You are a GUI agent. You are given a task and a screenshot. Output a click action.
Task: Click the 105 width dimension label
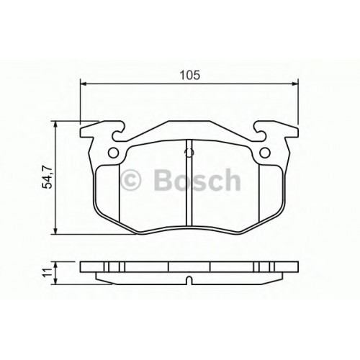(190, 76)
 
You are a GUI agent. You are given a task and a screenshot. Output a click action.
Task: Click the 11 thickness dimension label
(47, 273)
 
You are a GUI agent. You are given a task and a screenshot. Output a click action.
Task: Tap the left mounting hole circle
(113, 153)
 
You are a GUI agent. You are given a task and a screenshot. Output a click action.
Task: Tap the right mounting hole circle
(265, 153)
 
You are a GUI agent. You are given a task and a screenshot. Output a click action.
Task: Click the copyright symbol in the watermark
(131, 180)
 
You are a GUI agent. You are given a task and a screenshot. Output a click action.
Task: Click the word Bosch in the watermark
(197, 179)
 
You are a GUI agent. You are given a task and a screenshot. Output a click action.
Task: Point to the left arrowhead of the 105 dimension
(83, 84)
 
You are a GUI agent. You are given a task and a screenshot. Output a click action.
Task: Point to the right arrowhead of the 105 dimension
(295, 84)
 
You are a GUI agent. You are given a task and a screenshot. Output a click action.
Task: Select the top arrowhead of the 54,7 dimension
(55, 125)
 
